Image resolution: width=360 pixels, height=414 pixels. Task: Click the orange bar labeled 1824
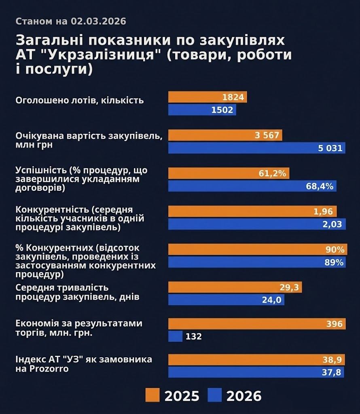pyautogui.click(x=207, y=97)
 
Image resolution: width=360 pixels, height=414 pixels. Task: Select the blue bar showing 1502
pyautogui.click(x=202, y=110)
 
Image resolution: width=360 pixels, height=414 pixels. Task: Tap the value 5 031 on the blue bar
pyautogui.click(x=332, y=148)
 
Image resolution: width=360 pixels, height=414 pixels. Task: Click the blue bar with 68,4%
pyautogui.click(x=252, y=186)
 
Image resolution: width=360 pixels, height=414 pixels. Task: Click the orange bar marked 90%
pyautogui.click(x=256, y=249)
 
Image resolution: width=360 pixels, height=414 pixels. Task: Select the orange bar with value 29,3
pyautogui.click(x=235, y=287)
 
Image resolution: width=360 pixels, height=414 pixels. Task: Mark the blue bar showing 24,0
pyautogui.click(x=226, y=300)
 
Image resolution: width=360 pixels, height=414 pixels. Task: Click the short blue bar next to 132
pyautogui.click(x=175, y=336)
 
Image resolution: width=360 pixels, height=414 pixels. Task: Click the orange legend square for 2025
pyautogui.click(x=152, y=395)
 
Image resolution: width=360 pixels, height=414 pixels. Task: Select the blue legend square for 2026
pyautogui.click(x=214, y=395)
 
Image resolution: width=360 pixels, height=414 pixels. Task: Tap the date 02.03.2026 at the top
pyautogui.click(x=98, y=21)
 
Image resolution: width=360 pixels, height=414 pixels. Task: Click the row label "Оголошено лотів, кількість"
pyautogui.click(x=79, y=100)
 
